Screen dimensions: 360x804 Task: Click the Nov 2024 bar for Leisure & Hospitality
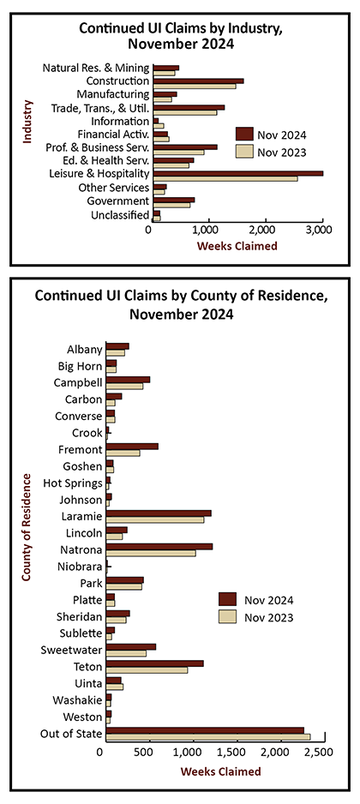tap(238, 173)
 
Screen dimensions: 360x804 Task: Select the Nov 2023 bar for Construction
tap(195, 86)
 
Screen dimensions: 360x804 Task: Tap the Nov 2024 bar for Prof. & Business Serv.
tap(185, 147)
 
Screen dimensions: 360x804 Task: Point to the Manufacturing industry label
tap(113, 94)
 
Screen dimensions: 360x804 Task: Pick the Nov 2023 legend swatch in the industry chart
tap(244, 153)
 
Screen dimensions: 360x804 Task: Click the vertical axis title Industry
tap(27, 121)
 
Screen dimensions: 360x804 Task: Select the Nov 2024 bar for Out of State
tap(205, 730)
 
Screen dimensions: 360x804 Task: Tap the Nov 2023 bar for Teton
tap(147, 669)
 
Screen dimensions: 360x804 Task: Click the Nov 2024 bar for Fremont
tap(132, 447)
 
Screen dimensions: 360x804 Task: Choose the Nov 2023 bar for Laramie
tap(155, 519)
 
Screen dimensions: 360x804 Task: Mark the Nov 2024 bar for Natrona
tap(159, 547)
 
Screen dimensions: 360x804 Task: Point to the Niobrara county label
tap(80, 567)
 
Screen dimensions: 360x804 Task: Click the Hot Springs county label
tap(73, 483)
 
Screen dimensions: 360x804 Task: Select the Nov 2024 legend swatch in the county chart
tap(228, 599)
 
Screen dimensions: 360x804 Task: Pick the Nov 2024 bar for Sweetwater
tap(131, 647)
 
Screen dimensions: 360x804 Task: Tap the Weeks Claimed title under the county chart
tap(220, 771)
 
